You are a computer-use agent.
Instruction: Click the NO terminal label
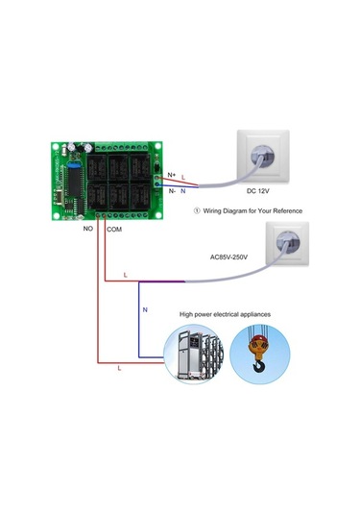coord(87,231)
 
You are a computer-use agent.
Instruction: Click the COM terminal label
coord(113,231)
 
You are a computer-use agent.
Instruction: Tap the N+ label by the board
coord(172,174)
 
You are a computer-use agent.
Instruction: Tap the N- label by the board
coord(172,190)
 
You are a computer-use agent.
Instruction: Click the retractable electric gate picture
coord(200,355)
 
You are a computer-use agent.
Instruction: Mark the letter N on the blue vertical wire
coord(145,310)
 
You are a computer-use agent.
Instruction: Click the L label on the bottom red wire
coord(118,368)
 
